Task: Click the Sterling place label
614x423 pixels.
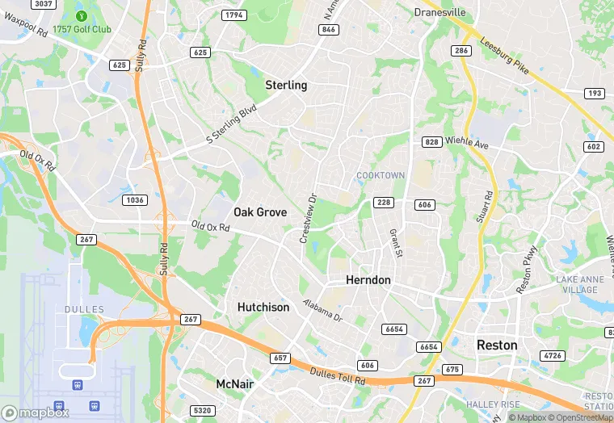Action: pyautogui.click(x=286, y=85)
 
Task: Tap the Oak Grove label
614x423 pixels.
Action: pyautogui.click(x=260, y=212)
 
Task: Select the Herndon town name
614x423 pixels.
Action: pyautogui.click(x=368, y=280)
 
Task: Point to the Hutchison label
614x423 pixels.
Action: pyautogui.click(x=263, y=308)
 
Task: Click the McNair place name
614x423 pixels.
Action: pyautogui.click(x=235, y=384)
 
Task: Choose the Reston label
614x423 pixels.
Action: pyautogui.click(x=497, y=345)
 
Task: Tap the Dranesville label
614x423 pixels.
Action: pyautogui.click(x=439, y=12)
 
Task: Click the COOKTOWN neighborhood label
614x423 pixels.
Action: pyautogui.click(x=381, y=175)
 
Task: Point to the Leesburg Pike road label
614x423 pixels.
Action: pyautogui.click(x=504, y=57)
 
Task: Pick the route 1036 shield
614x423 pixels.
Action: pyautogui.click(x=134, y=199)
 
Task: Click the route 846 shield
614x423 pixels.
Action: pyautogui.click(x=328, y=30)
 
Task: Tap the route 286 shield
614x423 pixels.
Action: pyautogui.click(x=461, y=51)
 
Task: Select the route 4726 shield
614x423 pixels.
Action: pyautogui.click(x=553, y=355)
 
